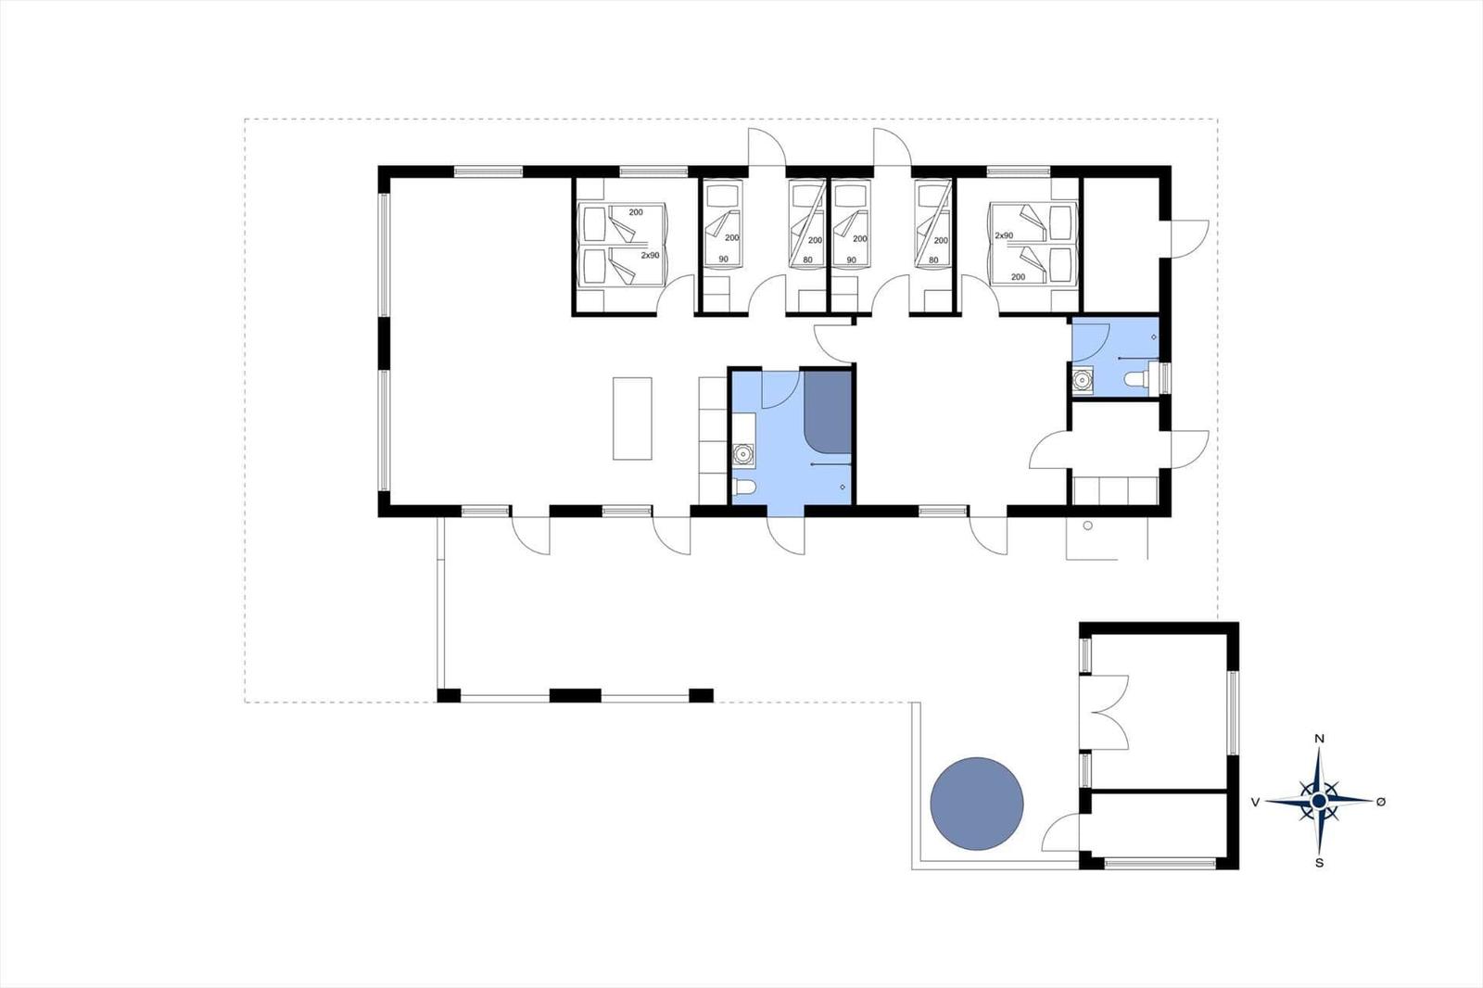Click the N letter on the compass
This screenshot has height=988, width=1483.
point(1320,739)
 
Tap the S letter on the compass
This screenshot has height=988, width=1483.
point(1320,863)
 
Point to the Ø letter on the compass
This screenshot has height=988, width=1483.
point(1380,802)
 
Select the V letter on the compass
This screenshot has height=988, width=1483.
point(1255,803)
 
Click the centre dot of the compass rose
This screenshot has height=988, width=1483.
point(1319,802)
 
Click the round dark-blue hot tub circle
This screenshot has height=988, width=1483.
point(977,804)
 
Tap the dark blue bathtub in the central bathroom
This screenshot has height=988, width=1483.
point(828,412)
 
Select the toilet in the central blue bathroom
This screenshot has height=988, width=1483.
point(744,488)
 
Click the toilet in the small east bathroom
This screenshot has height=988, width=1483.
point(1140,379)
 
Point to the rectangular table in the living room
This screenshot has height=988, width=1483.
point(632,419)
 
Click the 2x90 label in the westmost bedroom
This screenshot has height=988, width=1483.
point(650,255)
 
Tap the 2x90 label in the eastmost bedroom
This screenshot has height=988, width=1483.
point(1004,235)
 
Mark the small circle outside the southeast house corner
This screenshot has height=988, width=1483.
point(1088,526)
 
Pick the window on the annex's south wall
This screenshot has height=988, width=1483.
point(1160,863)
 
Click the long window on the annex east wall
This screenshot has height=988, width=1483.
point(1233,713)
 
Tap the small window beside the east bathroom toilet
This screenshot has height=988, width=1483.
point(1164,378)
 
